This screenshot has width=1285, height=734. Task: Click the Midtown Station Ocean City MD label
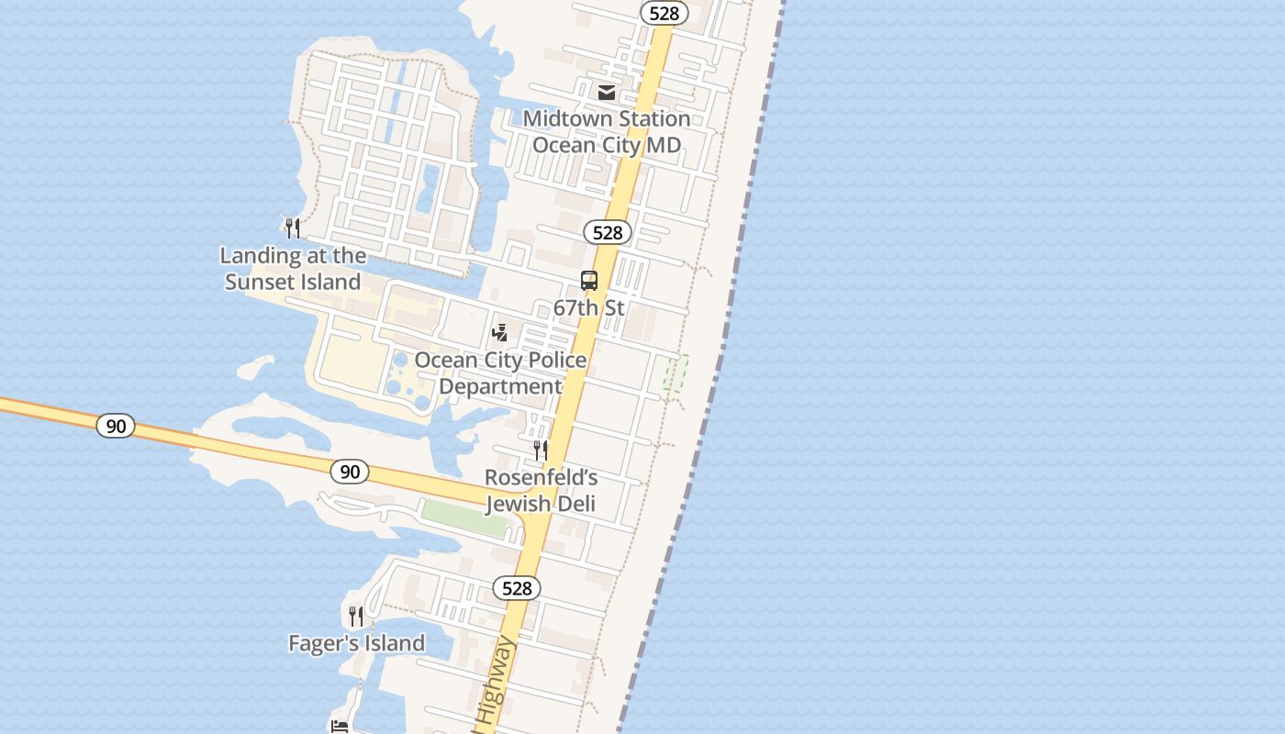pos(607,132)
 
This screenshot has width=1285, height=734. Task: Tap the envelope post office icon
pos(607,92)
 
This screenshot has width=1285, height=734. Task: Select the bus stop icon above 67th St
pos(589,281)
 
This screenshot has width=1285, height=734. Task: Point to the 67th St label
pos(589,308)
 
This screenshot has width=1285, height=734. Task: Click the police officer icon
pos(500,332)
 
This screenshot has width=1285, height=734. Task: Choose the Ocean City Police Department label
pos(500,373)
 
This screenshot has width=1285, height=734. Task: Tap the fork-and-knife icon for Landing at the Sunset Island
pos(293,228)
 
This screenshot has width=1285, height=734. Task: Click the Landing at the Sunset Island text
pos(293,269)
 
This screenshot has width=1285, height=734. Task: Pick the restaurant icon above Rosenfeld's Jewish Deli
pos(541,450)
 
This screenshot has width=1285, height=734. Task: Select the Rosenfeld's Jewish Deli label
pos(541,491)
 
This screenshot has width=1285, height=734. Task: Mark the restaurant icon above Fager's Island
pos(356,616)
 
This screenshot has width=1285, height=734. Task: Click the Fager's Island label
pos(356,643)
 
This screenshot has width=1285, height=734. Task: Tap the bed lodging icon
pos(340,727)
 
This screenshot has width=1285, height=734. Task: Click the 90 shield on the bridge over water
pos(116,426)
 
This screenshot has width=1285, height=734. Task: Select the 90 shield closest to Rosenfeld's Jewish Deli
pos(350,472)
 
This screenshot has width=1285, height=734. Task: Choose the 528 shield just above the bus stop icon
pos(608,233)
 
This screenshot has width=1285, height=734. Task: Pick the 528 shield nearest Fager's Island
pos(517,588)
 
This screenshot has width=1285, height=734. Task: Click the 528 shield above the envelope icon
pos(664,13)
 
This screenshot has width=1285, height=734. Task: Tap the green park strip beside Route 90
pos(464,517)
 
